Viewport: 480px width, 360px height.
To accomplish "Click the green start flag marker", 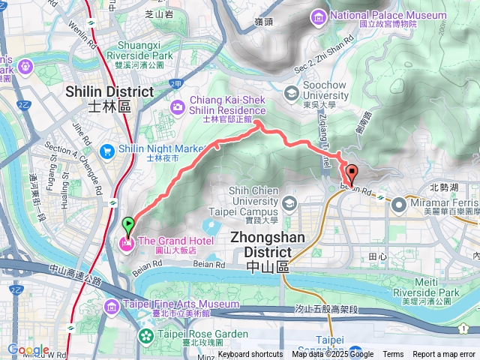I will click(x=128, y=224).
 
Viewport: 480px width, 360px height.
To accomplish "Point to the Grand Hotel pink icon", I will click(x=127, y=241).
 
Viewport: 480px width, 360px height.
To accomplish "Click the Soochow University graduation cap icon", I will click(x=292, y=92).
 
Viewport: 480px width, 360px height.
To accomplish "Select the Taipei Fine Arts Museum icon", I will click(x=112, y=305).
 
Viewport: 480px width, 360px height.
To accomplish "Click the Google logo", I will click(x=27, y=349).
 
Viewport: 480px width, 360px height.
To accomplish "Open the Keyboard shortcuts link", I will click(x=250, y=355).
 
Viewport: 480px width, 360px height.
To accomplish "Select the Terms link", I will click(x=393, y=355).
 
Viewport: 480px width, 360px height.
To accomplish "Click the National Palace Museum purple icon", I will click(x=319, y=16).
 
